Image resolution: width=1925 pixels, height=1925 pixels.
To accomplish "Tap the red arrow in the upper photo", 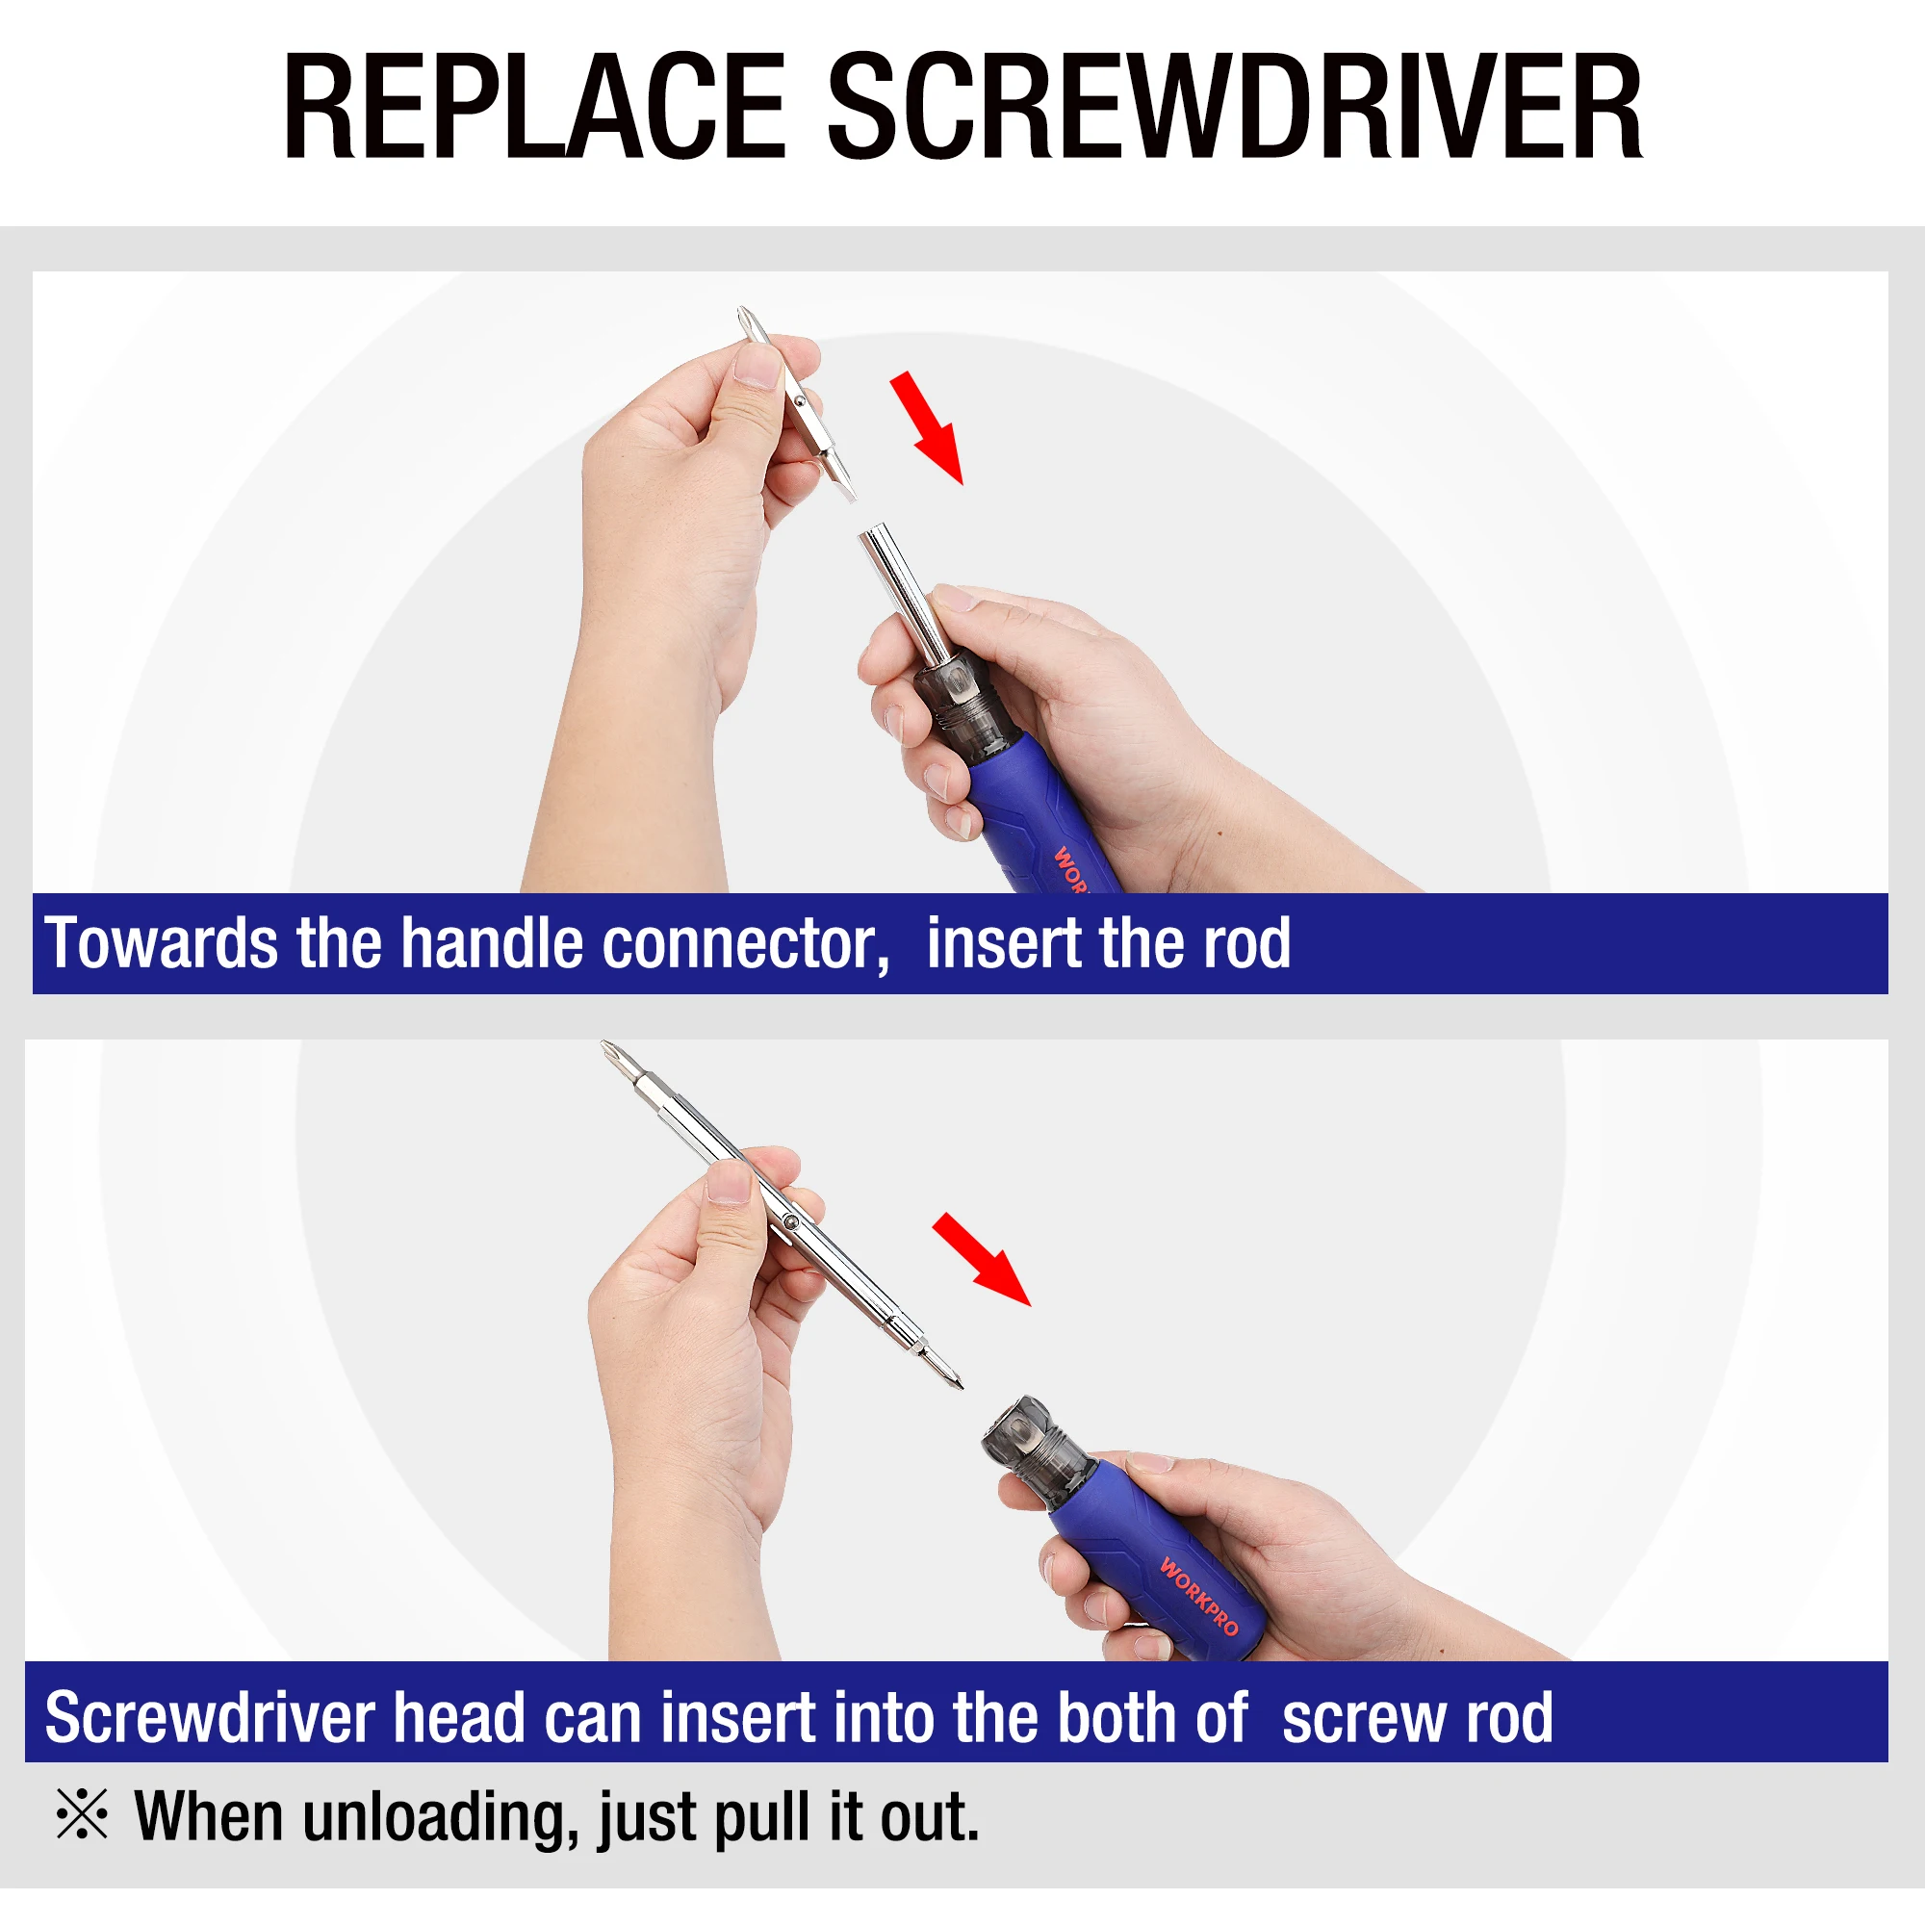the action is (x=927, y=427).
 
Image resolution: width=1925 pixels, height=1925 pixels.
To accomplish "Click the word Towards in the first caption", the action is (x=162, y=942).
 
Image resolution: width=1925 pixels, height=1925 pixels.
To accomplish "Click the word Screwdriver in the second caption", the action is (x=209, y=1718).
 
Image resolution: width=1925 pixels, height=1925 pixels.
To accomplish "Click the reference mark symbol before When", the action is (x=82, y=1814).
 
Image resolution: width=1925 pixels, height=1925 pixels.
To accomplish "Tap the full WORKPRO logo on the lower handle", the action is (x=1198, y=1596).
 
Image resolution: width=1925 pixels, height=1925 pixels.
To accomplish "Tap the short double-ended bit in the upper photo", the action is (x=797, y=404).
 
